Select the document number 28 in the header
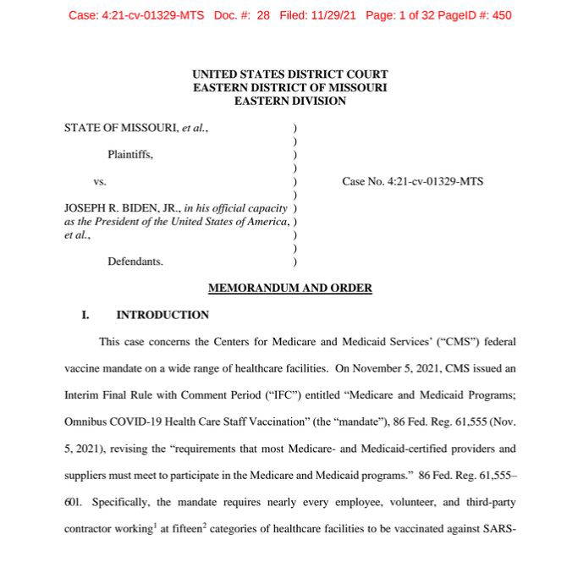(263, 15)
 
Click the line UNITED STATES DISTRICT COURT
(289, 74)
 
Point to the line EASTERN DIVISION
(289, 101)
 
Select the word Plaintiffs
(130, 154)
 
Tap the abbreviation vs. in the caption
(100, 181)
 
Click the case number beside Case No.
(437, 181)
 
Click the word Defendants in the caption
(135, 262)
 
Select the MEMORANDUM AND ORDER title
(289, 288)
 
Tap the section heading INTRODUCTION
(162, 315)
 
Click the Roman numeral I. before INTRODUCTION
(85, 315)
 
